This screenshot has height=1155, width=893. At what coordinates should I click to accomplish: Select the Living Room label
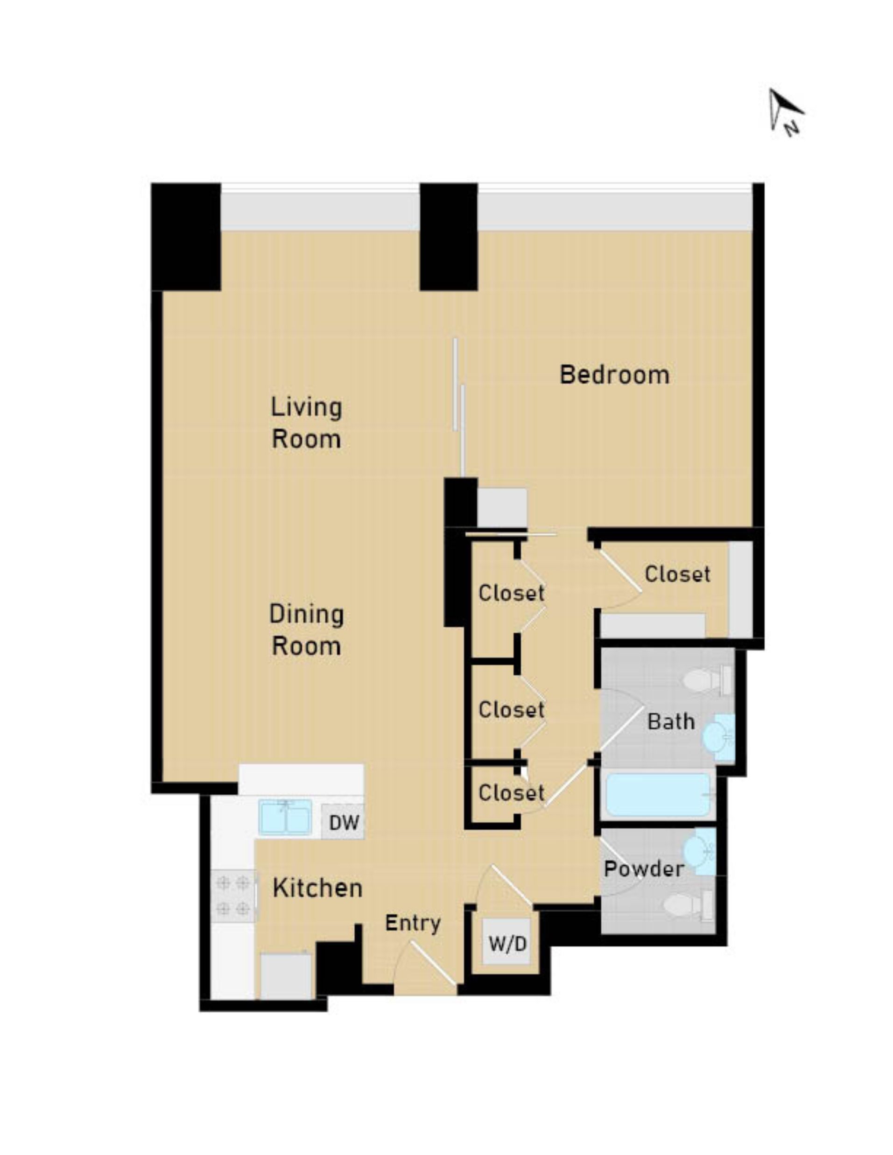click(306, 423)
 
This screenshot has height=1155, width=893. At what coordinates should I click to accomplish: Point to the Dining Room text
click(306, 630)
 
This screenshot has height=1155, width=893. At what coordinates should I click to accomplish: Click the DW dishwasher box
click(344, 822)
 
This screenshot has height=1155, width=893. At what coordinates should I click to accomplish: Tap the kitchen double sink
click(285, 817)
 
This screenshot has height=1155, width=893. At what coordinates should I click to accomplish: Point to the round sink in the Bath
click(717, 735)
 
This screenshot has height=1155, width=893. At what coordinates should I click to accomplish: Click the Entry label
click(412, 923)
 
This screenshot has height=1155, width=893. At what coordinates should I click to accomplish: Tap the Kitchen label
click(317, 888)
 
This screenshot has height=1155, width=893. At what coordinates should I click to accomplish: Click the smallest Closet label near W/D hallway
click(511, 793)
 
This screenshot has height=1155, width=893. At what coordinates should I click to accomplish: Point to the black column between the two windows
click(449, 237)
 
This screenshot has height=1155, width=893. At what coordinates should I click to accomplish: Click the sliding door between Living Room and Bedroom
click(458, 407)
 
